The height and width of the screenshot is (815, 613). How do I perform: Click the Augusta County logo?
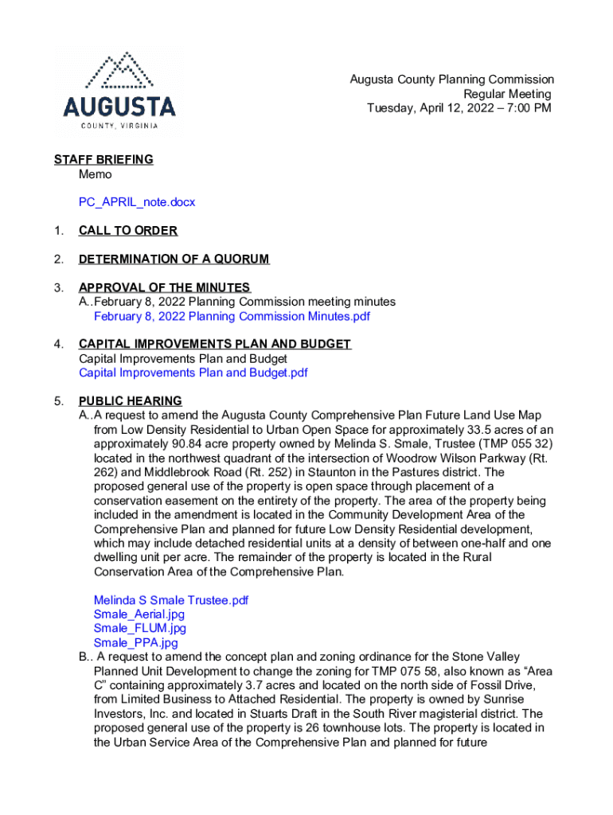point(119,92)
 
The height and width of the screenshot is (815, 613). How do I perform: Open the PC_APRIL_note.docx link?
point(137,202)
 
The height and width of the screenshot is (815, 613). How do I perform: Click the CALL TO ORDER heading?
point(128,231)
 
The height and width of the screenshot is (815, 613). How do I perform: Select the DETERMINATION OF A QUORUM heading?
point(174,259)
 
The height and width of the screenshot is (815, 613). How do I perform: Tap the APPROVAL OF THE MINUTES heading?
point(165,287)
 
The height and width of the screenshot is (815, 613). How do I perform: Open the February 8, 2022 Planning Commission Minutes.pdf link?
point(232,316)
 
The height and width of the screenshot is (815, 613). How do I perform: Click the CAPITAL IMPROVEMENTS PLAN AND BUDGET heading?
point(215,344)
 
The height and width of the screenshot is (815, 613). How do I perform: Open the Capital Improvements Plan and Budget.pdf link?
point(193,372)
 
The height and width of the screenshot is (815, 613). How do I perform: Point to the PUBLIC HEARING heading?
point(131,401)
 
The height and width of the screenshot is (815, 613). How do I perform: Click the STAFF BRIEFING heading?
point(103,159)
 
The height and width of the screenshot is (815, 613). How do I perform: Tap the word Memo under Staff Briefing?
point(96,174)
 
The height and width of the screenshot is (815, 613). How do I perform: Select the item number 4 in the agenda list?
point(59,344)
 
